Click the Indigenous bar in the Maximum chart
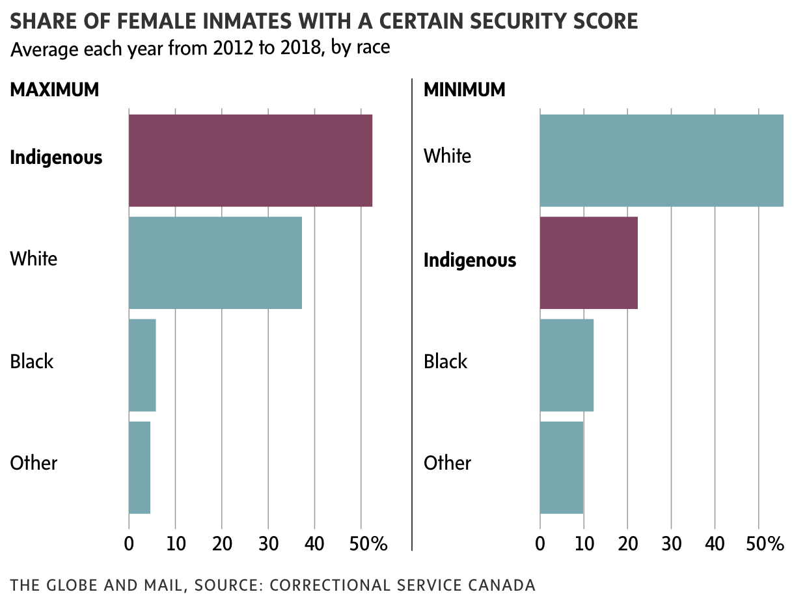coord(251,160)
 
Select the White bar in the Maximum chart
coord(215,262)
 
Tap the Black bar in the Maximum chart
coord(143,365)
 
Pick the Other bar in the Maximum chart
coord(140,467)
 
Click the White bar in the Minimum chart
coord(661,160)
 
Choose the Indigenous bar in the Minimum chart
coord(589,262)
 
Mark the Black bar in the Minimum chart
coord(567,365)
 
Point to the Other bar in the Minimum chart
coord(562,467)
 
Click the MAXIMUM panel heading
coord(55,90)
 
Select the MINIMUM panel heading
coord(465,90)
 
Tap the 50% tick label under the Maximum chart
coord(368,543)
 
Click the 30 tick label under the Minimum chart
coord(671,543)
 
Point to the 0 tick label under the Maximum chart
coord(129,543)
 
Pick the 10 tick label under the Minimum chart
coord(584,543)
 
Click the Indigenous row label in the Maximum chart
coord(56,157)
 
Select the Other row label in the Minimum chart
coord(447,463)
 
